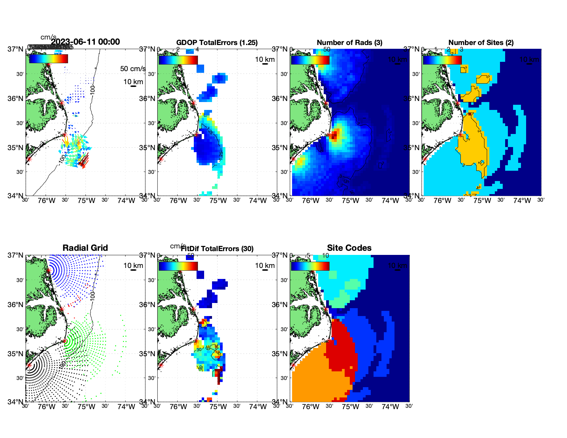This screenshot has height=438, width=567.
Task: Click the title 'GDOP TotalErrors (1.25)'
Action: [217, 43]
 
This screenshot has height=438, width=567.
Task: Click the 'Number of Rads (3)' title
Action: [349, 43]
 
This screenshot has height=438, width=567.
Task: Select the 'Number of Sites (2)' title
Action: [481, 43]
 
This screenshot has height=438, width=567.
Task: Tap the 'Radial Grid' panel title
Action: [85, 248]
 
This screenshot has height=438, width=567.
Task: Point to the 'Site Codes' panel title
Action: [349, 248]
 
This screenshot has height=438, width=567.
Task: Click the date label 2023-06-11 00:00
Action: [85, 42]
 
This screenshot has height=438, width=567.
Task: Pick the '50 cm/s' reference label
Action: [133, 69]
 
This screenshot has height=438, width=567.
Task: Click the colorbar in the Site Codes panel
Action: [310, 266]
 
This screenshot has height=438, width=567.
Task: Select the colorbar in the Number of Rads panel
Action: [310, 60]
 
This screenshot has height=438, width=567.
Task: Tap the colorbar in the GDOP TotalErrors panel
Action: [178, 60]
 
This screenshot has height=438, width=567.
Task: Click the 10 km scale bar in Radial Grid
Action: [133, 270]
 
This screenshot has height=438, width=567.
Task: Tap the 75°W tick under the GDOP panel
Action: [218, 201]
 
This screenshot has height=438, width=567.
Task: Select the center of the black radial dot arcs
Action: [29, 366]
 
